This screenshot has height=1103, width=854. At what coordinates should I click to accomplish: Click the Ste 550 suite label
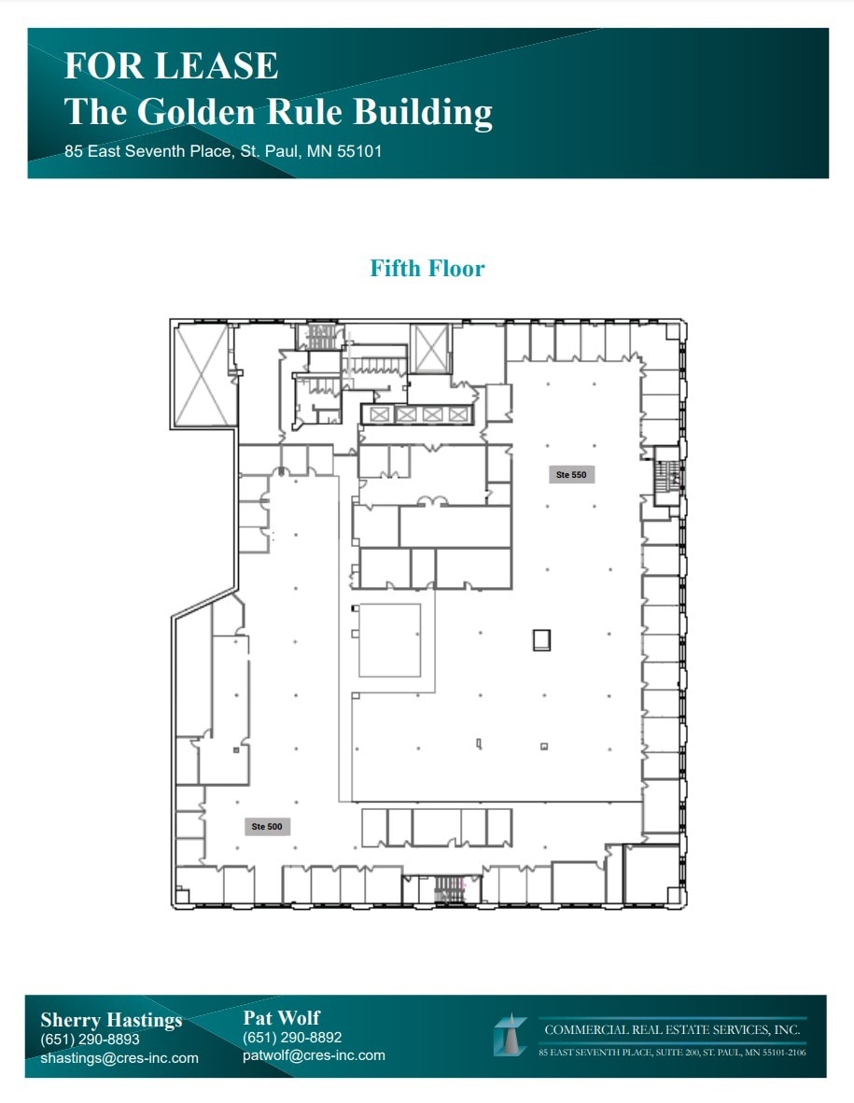[x=571, y=475]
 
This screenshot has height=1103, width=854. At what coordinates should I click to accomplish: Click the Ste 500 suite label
[x=266, y=827]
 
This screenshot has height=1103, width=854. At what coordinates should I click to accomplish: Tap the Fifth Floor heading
[x=427, y=269]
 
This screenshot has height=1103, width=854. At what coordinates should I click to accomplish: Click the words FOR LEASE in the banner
[x=171, y=66]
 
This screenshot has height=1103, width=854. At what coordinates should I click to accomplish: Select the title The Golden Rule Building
[x=278, y=112]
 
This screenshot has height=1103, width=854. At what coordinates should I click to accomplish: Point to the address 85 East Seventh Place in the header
[x=223, y=150]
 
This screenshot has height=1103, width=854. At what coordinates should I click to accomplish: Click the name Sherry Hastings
[x=111, y=1020]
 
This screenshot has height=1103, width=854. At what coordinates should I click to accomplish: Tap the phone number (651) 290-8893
[x=90, y=1040]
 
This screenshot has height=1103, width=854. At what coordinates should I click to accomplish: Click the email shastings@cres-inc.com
[x=119, y=1058]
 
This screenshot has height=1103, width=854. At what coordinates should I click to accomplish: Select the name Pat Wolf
[x=282, y=1017]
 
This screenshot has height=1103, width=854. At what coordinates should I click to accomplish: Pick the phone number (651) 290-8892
[x=292, y=1038]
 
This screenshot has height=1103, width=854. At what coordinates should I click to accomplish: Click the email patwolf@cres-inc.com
[x=314, y=1055]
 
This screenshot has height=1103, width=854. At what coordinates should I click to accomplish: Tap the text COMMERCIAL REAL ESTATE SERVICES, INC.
[x=672, y=1030]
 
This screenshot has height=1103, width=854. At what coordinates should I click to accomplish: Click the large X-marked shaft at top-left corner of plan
[x=202, y=374]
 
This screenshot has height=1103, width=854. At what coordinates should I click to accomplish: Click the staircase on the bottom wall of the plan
[x=451, y=889]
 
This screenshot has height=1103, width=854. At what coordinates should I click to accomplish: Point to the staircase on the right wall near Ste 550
[x=668, y=477]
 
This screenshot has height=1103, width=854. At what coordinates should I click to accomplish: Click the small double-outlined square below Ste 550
[x=541, y=640]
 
